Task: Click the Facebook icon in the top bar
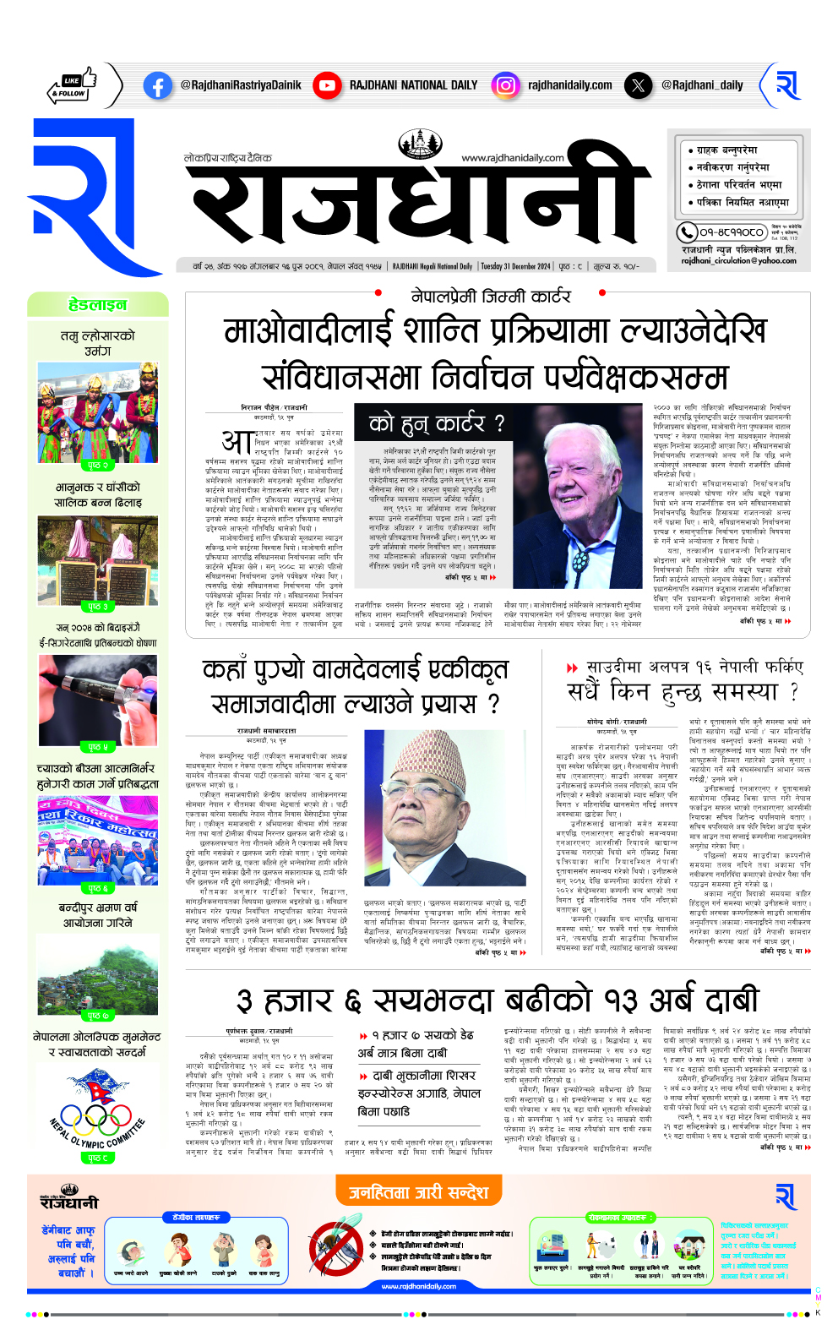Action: point(158,85)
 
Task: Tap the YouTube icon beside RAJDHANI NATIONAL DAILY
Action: point(326,85)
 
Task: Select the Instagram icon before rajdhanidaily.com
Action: point(505,85)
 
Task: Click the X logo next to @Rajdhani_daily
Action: point(637,85)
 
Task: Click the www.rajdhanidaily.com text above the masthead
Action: point(512,158)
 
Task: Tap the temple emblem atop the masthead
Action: point(420,144)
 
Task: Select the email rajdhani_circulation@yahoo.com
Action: point(738,261)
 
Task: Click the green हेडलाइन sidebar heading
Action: point(98,305)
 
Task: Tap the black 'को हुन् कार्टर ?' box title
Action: point(436,423)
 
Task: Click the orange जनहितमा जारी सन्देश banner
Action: point(419,1192)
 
